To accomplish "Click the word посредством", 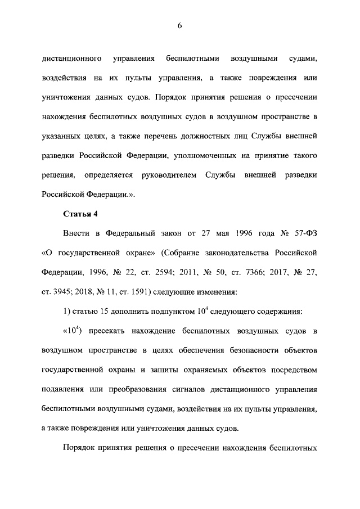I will [x=294, y=370].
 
